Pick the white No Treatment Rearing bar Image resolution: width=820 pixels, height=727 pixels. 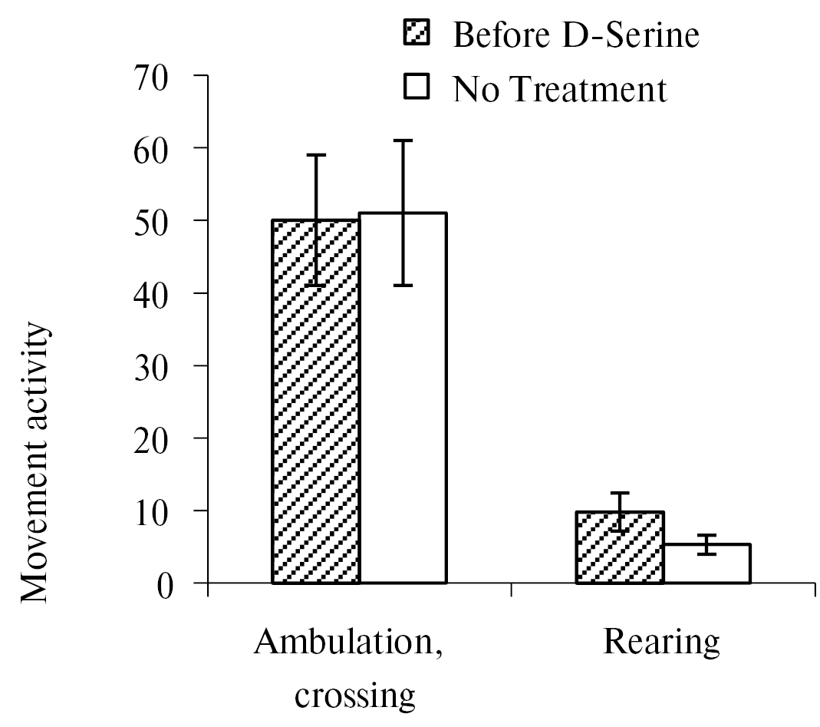(706, 565)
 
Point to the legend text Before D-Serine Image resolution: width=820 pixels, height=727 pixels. (576, 35)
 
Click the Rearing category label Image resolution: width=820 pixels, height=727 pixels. (662, 642)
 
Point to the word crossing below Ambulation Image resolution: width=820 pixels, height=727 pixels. (355, 696)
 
